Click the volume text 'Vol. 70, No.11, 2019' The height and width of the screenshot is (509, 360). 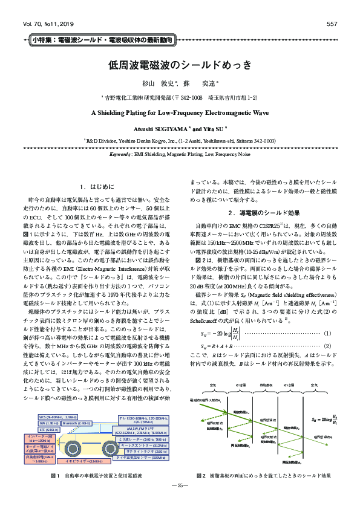click(x=46, y=24)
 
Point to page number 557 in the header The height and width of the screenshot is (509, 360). click(x=331, y=24)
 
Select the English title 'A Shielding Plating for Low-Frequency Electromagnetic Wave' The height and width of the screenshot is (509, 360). click(x=180, y=112)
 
